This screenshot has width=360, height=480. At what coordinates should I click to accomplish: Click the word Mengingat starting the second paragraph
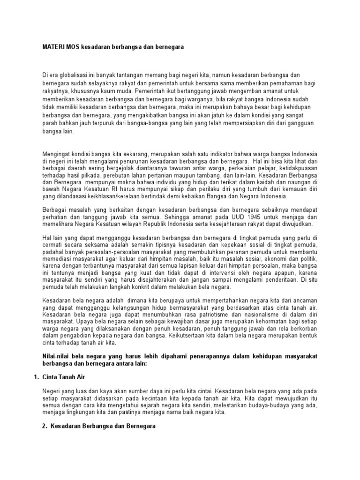click(x=57, y=155)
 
